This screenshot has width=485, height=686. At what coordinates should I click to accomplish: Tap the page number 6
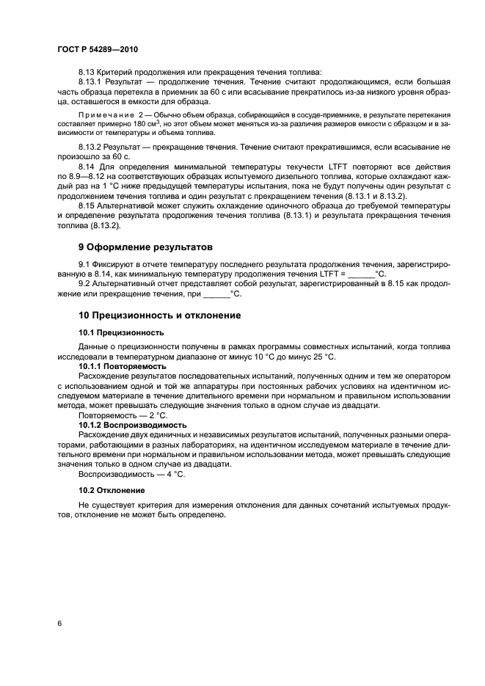59,623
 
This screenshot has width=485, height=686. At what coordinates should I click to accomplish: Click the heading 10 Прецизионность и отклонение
158,315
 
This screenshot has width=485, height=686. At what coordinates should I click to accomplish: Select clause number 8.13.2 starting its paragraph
91,147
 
